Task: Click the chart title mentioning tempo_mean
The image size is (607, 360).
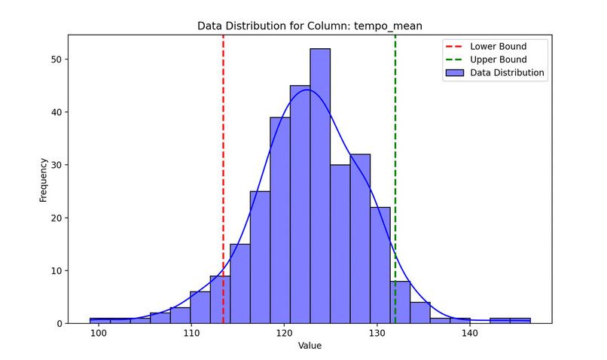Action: (x=310, y=26)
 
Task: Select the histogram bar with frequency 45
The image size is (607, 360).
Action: (x=300, y=203)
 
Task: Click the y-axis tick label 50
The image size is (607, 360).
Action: (x=56, y=59)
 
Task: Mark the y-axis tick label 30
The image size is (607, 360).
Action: (x=56, y=165)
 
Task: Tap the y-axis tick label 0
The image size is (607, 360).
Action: (x=59, y=324)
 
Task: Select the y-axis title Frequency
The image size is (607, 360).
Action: (x=44, y=179)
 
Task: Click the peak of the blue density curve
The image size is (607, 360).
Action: (x=307, y=90)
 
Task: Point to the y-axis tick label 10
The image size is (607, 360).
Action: (x=56, y=271)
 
